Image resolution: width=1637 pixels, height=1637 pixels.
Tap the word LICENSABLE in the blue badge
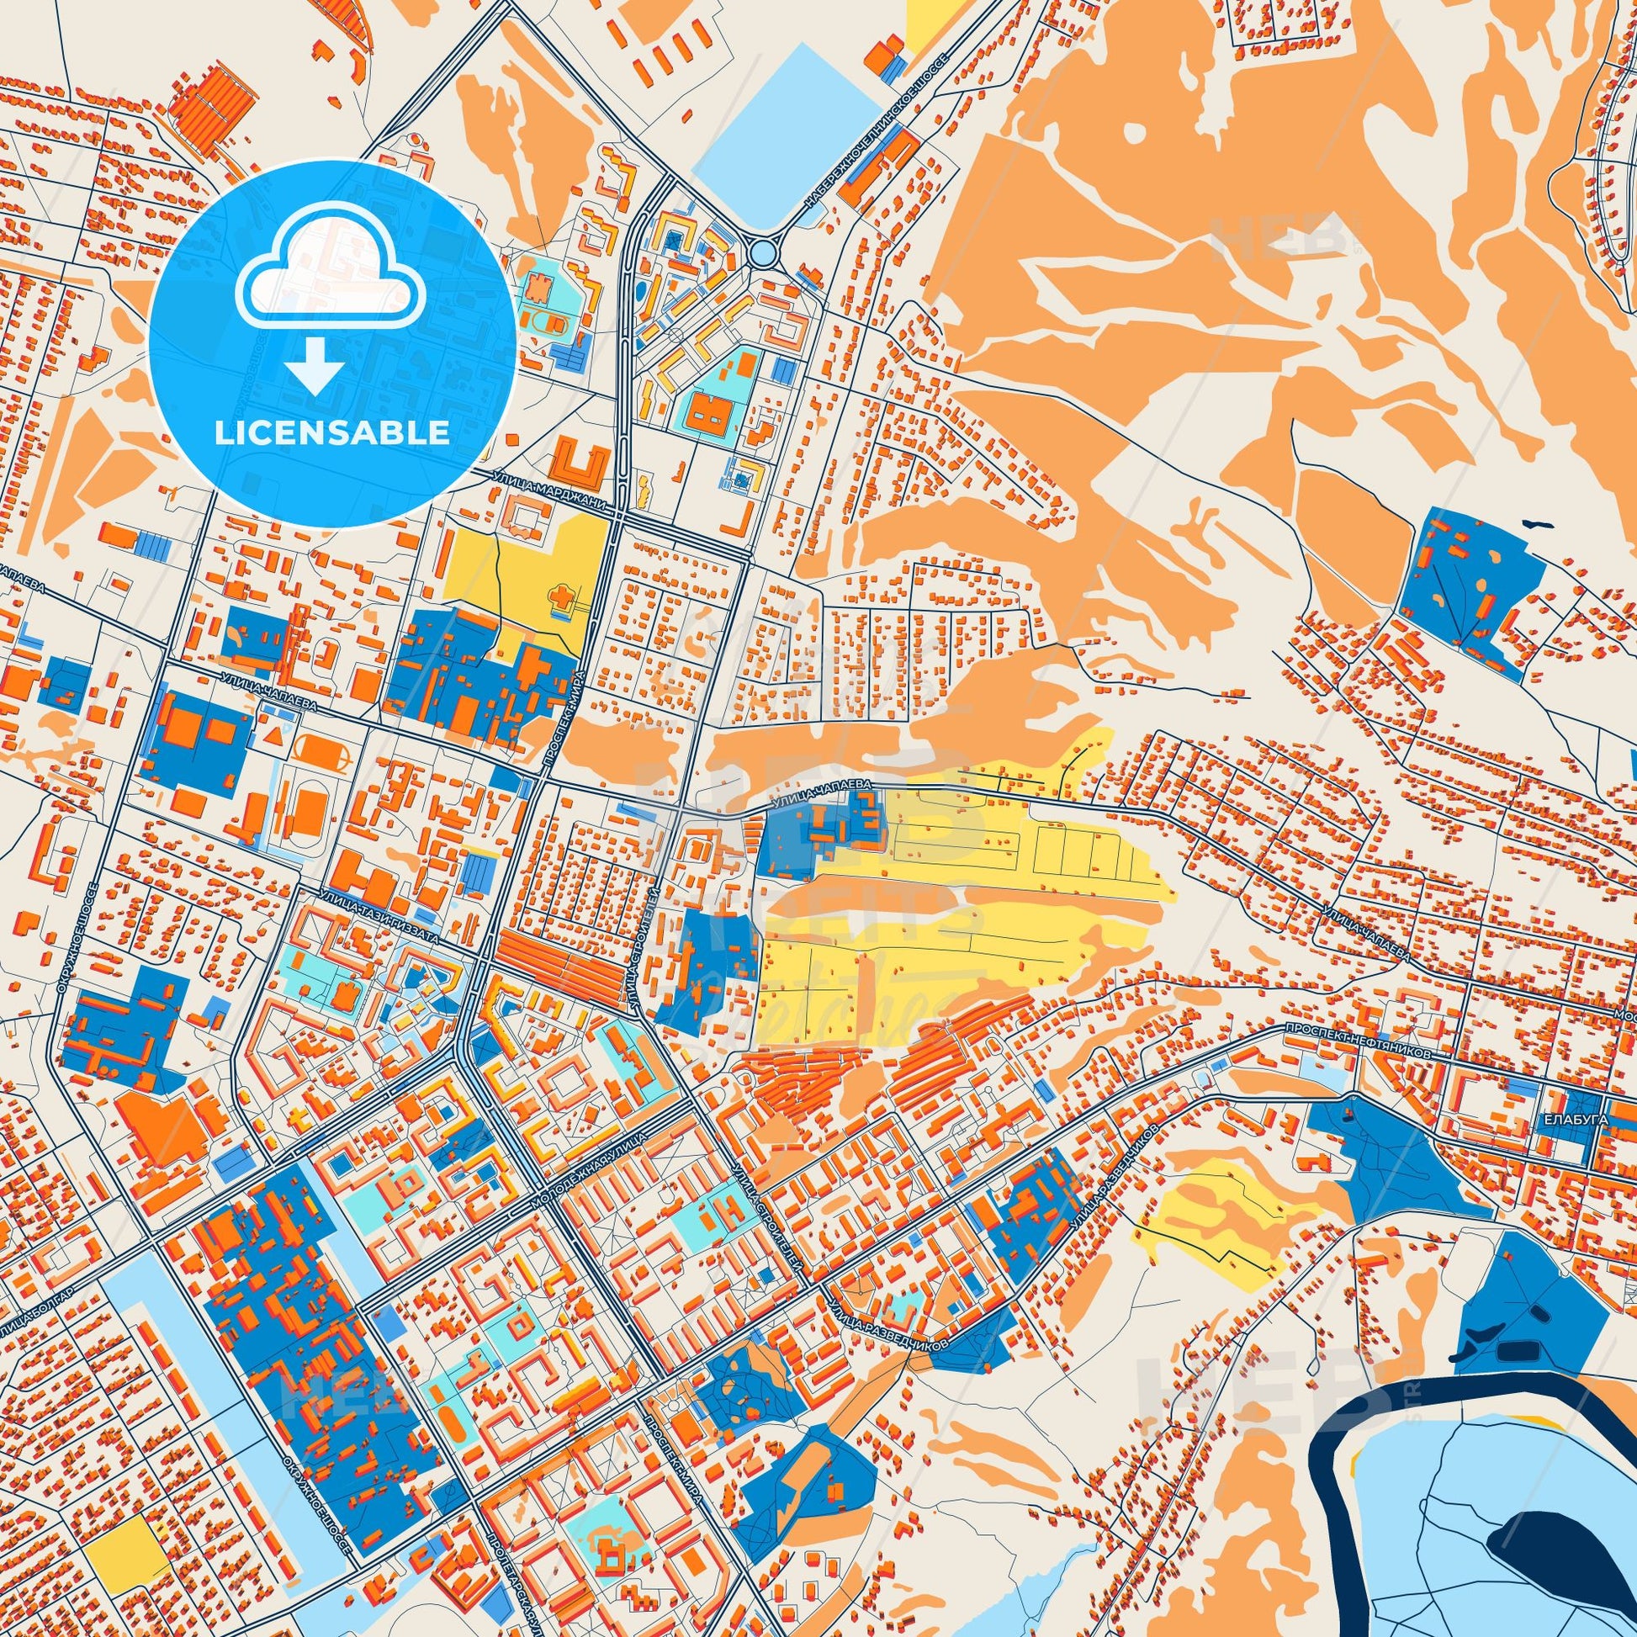(x=331, y=433)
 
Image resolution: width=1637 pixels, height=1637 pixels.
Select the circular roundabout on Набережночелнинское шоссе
(x=763, y=252)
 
